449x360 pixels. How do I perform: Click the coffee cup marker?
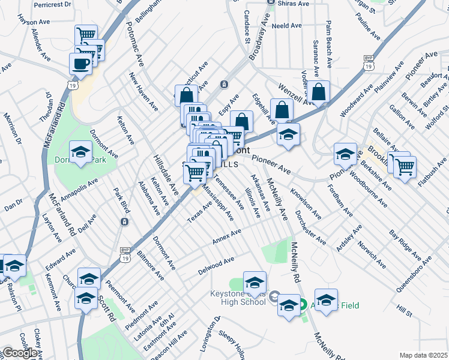click(80, 64)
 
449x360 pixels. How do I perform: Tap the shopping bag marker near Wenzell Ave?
click(319, 92)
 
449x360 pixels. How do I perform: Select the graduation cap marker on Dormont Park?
click(80, 152)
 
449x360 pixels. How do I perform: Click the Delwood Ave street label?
click(217, 266)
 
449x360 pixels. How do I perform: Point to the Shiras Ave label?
click(294, 4)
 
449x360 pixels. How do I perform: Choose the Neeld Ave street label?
click(286, 26)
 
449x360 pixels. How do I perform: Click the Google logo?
click(20, 353)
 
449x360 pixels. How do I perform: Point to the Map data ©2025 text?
click(423, 355)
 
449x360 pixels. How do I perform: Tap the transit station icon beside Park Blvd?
click(124, 222)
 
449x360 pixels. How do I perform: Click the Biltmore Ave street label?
click(150, 266)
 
